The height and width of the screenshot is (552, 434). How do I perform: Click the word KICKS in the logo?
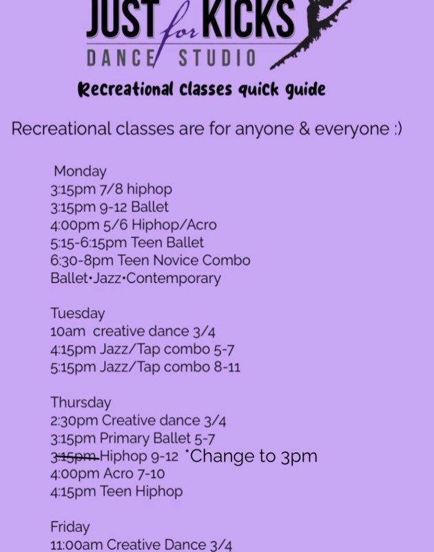point(249,19)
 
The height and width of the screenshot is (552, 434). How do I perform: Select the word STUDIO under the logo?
point(217,58)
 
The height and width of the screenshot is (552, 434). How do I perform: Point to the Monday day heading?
point(80,171)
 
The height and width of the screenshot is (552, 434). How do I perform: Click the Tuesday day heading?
point(78,313)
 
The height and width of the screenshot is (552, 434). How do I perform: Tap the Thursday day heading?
point(81,402)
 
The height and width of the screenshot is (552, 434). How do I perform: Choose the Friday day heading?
point(70,526)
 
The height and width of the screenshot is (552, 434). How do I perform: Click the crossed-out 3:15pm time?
point(74,457)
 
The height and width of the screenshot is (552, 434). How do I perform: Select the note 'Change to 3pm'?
point(251,456)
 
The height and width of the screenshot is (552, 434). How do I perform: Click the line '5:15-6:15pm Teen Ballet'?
point(127,243)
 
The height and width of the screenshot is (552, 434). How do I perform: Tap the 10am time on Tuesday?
point(68,332)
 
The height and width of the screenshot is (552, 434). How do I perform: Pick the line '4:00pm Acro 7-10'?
point(107,474)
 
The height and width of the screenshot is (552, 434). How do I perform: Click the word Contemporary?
point(174,279)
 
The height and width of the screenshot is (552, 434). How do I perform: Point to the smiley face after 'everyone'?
point(397,129)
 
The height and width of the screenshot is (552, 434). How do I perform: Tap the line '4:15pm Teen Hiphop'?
point(116,491)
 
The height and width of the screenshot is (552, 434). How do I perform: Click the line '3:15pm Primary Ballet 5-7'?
point(132,439)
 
